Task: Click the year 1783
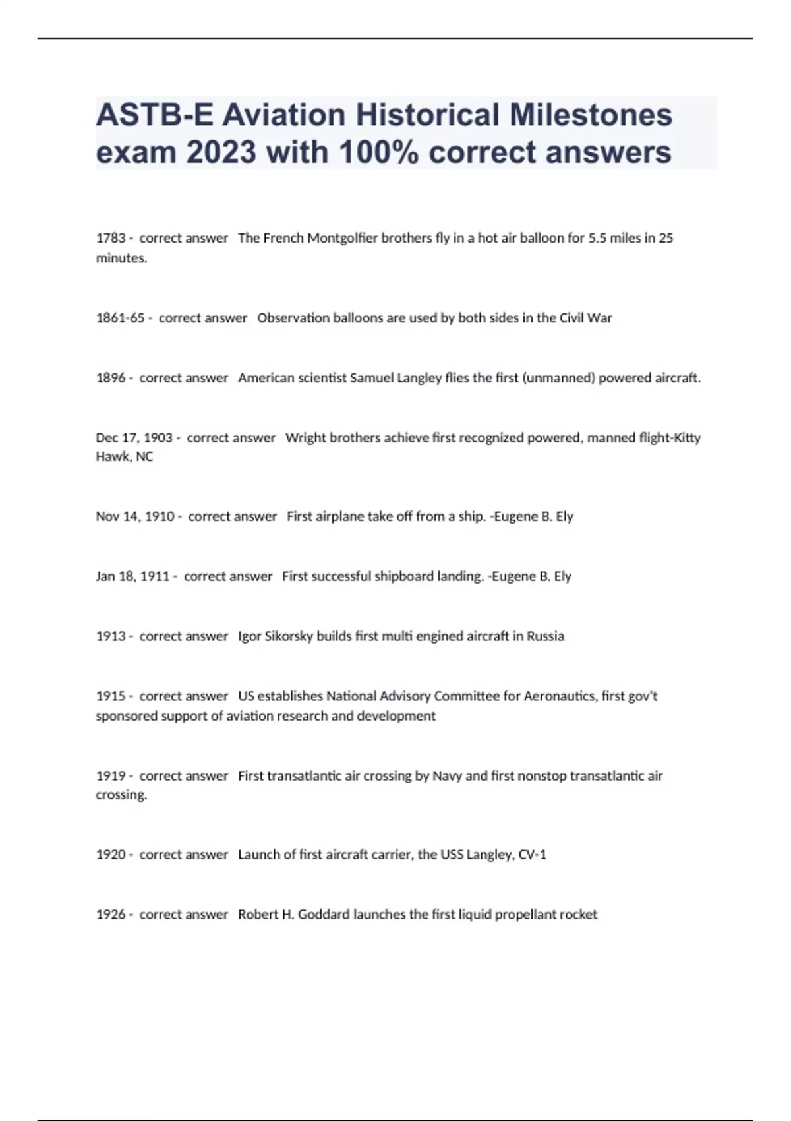point(110,238)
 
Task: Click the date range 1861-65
point(120,318)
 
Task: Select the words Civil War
point(585,318)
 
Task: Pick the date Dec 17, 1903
point(134,438)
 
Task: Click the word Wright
point(303,438)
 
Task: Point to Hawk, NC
point(124,456)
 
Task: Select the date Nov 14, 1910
point(134,516)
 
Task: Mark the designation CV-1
point(533,855)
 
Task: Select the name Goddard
point(324,915)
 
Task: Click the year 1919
point(110,776)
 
